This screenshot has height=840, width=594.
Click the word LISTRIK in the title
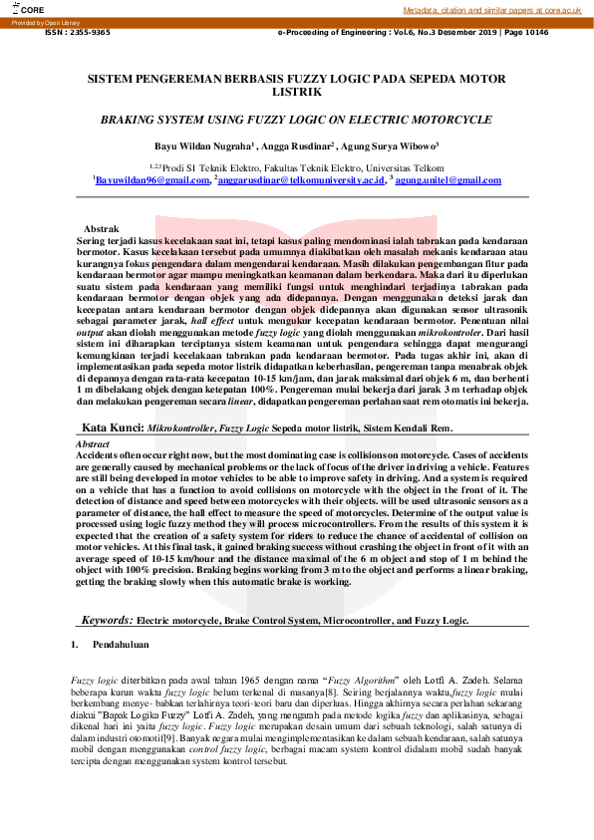pyautogui.click(x=296, y=91)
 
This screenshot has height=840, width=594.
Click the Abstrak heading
pyautogui.click(x=103, y=229)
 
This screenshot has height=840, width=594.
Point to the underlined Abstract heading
pyautogui.click(x=94, y=442)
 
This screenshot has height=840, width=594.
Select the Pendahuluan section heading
pyautogui.click(x=121, y=645)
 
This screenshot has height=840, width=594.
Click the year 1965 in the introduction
pyautogui.click(x=251, y=679)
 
